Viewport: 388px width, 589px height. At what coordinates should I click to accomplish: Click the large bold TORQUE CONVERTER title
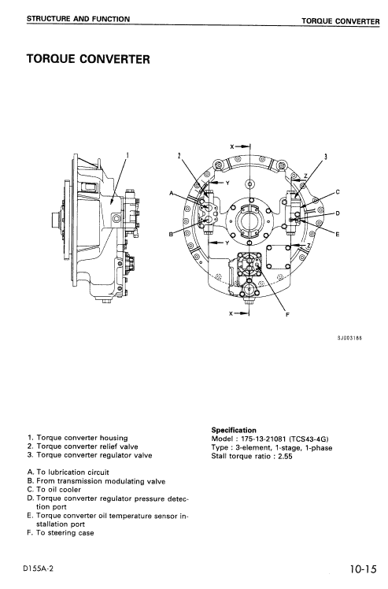[x=88, y=59]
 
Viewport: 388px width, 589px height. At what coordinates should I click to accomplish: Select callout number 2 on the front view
[x=180, y=155]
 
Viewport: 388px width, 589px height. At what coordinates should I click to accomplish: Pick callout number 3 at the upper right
[x=326, y=155]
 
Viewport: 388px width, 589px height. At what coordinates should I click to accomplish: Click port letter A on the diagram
[x=172, y=193]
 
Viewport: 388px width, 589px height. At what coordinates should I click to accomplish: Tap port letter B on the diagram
[x=172, y=234]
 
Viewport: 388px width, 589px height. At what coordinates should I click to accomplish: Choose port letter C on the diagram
[x=337, y=191]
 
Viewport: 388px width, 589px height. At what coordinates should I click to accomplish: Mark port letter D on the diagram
[x=337, y=213]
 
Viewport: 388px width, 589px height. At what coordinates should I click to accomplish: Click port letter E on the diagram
[x=337, y=234]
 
